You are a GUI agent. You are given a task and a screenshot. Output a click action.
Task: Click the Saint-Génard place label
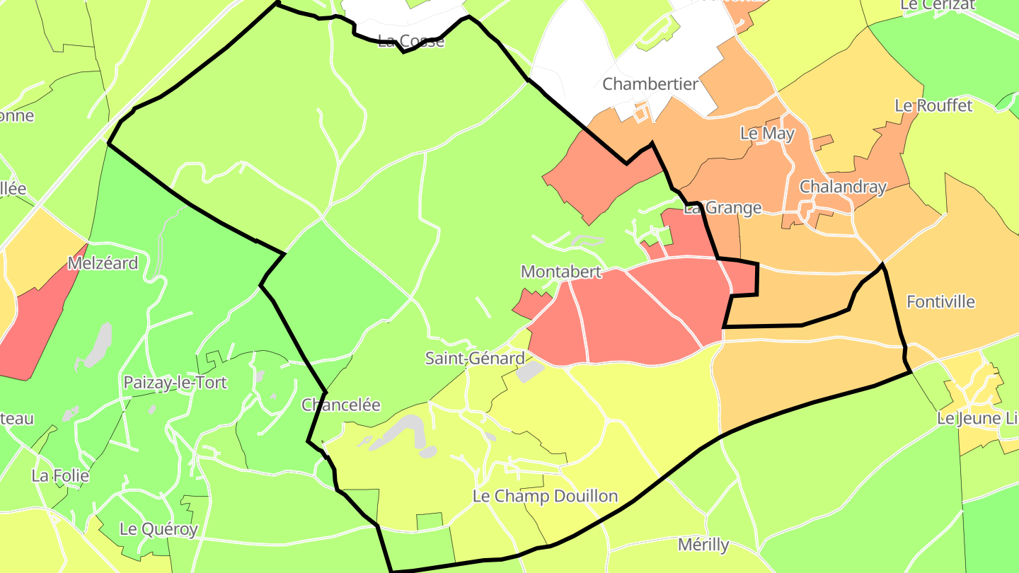pos(475,358)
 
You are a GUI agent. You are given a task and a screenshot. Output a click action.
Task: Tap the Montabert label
pos(561,272)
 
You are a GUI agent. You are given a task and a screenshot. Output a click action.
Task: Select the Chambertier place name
pos(650,84)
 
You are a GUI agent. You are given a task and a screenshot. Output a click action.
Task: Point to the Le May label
pos(767,133)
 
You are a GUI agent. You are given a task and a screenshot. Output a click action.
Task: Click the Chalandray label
pos(843,187)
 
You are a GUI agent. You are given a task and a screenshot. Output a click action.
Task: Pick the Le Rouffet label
pos(933,106)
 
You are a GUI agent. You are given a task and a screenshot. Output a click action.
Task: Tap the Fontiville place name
pos(940,302)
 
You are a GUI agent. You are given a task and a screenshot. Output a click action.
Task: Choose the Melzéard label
pos(103,263)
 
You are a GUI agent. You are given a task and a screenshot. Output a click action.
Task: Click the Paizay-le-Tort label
pos(175,383)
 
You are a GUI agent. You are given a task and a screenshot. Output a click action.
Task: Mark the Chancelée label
pos(341,405)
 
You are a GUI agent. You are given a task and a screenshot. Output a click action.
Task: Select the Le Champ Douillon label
pos(545,497)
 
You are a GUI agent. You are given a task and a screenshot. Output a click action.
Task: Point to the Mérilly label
pos(703,545)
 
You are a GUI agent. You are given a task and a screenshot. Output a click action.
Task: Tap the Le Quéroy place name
pos(159,528)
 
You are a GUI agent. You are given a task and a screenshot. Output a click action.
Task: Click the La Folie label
pos(60,475)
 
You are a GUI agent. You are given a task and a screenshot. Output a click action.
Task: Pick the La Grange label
pos(722,208)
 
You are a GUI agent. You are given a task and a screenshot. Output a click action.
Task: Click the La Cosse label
pos(411,41)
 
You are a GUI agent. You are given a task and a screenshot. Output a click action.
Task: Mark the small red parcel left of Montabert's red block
pos(530,305)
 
